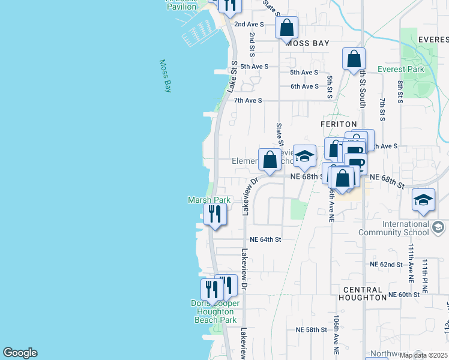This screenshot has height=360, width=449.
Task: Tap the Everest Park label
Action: click(401, 69)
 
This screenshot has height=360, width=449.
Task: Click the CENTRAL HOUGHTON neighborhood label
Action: click(362, 293)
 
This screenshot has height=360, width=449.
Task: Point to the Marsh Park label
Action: click(209, 200)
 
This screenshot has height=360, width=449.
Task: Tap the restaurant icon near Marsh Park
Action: click(215, 214)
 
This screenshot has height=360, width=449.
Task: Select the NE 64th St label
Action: click(265, 239)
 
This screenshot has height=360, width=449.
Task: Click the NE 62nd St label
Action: click(386, 265)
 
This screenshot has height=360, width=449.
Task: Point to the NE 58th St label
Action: click(311, 330)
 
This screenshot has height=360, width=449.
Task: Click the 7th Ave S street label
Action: click(248, 100)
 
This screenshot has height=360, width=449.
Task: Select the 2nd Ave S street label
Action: click(249, 24)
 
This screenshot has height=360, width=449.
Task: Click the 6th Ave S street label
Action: click(304, 86)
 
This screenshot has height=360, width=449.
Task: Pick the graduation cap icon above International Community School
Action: click(423, 200)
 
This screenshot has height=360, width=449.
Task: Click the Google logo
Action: click(20, 353)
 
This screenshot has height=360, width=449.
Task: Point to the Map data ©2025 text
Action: click(423, 355)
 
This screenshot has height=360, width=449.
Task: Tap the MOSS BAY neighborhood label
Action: click(307, 44)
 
